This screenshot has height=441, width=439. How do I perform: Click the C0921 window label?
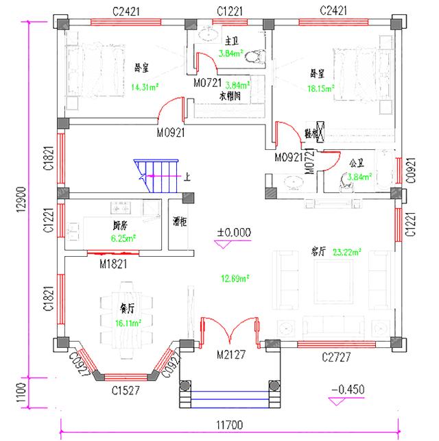click(x=410, y=169)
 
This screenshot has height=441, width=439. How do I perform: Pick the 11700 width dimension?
click(x=230, y=425)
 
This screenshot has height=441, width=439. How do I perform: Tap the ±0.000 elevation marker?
click(x=233, y=233)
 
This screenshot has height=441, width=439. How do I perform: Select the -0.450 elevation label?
click(x=347, y=390)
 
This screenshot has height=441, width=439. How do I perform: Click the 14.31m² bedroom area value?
click(x=145, y=86)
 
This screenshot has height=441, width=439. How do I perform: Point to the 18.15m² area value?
click(x=321, y=88)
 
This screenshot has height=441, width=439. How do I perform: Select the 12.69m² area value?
click(x=234, y=278)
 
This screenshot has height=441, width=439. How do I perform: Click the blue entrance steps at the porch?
click(x=229, y=397)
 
